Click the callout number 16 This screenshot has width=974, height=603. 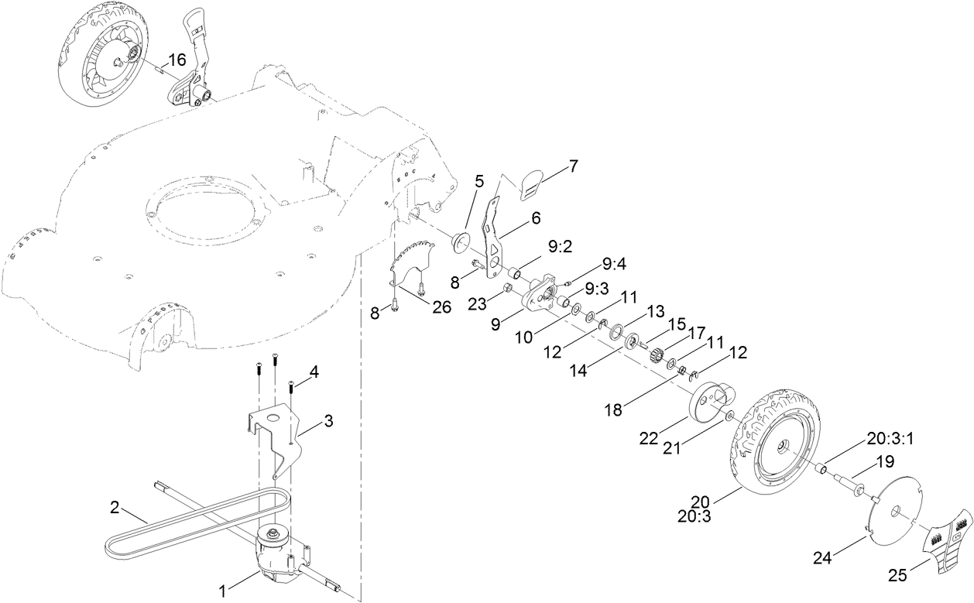(177, 59)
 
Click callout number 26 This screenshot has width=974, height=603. (441, 307)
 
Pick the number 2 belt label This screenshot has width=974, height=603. (115, 509)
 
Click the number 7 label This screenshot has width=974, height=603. (574, 165)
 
